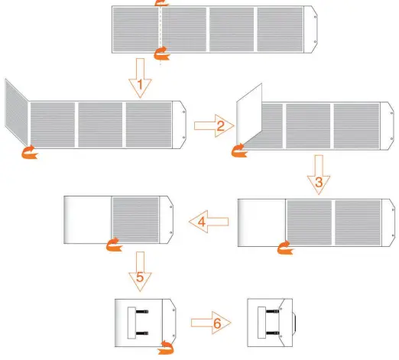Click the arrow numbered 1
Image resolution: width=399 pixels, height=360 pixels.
tap(138, 80)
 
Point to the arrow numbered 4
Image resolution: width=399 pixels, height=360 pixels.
tap(209, 222)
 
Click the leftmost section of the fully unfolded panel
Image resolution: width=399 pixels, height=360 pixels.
tap(135, 30)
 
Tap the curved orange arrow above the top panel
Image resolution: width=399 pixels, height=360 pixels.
tap(161, 4)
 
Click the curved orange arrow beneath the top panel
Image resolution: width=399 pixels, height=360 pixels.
tap(161, 52)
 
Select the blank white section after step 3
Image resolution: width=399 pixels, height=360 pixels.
tap(262, 222)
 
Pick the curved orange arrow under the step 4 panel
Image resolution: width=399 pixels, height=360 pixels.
tap(114, 245)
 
